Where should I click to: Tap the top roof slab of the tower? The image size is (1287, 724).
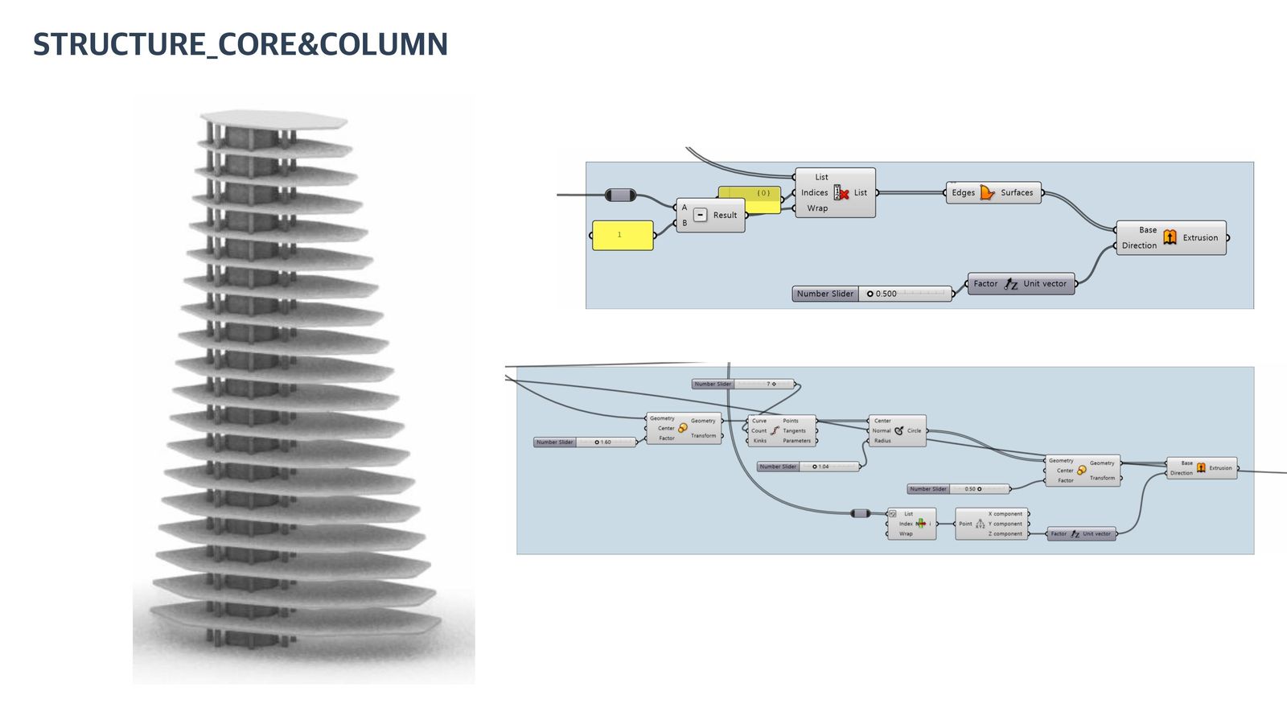point(273,120)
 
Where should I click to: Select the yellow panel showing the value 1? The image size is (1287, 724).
point(623,235)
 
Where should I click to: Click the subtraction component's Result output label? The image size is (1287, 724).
point(725,216)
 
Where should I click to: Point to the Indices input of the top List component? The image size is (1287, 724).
point(814,193)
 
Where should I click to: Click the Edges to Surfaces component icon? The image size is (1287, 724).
point(987,193)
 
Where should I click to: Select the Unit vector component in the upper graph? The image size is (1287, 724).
point(1022,284)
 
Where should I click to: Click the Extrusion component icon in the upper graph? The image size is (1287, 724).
point(1170,237)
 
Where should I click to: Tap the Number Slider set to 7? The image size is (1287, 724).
point(742,385)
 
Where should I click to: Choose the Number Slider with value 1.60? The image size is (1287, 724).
point(585,442)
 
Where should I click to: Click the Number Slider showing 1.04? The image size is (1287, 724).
point(808,467)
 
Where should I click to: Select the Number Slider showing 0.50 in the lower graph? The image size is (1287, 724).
point(958,489)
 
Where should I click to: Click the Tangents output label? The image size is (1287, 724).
point(794,431)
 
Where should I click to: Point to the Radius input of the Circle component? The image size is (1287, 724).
point(882,441)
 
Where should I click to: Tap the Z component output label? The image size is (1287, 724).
point(1005,534)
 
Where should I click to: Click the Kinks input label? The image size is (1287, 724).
point(759,441)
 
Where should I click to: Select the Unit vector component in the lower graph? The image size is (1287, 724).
point(1081,534)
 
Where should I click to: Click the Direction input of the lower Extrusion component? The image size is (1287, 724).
point(1181,473)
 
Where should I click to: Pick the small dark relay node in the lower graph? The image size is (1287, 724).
point(860,513)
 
